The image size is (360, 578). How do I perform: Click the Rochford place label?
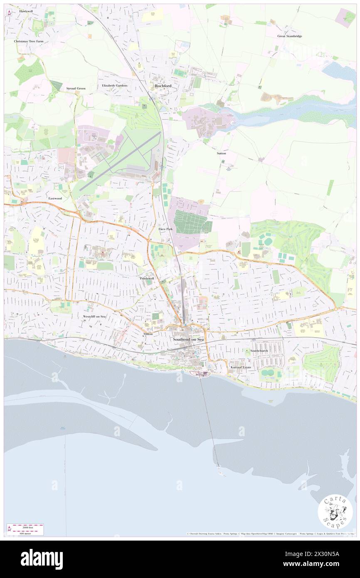pyautogui.click(x=163, y=86)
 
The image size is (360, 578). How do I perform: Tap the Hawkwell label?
pyautogui.click(x=26, y=11)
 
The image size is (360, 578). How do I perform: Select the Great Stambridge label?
pyautogui.click(x=290, y=36)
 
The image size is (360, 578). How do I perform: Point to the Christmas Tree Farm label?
pyautogui.click(x=28, y=41)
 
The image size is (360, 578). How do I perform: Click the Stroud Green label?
pyautogui.click(x=76, y=89)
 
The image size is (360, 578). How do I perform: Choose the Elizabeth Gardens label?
pyautogui.click(x=115, y=86)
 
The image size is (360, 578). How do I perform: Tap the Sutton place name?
pyautogui.click(x=221, y=153)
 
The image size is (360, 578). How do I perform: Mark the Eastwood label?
pyautogui.click(x=55, y=198)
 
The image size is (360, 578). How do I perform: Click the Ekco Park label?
pyautogui.click(x=165, y=229)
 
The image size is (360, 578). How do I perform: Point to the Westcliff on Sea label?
pyautogui.click(x=94, y=316)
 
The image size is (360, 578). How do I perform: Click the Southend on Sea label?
pyautogui.click(x=188, y=340)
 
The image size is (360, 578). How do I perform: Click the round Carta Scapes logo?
pyautogui.click(x=335, y=512)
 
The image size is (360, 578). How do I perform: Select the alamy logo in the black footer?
pyautogui.click(x=42, y=559)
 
